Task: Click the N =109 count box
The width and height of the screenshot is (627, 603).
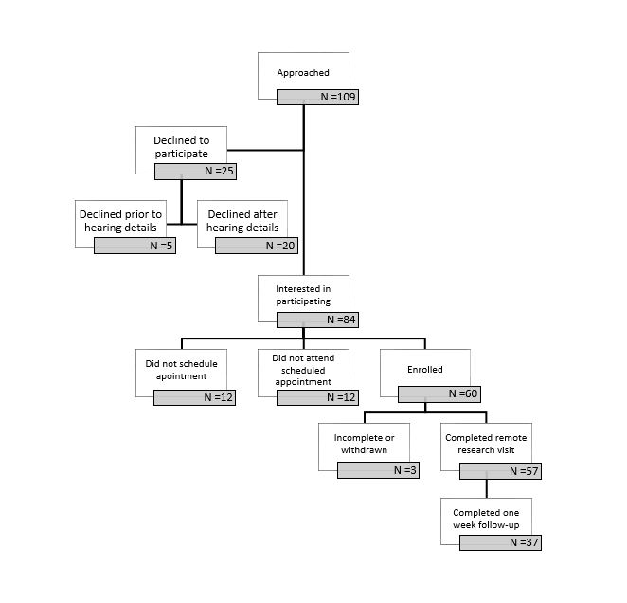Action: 317,97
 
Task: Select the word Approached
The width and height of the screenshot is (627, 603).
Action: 303,73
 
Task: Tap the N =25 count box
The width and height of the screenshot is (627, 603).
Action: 195,172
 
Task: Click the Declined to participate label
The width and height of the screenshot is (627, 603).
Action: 182,147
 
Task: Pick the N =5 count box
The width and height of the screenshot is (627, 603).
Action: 134,246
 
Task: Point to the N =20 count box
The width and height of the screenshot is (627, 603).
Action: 257,246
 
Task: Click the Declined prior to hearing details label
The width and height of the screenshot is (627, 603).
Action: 121,221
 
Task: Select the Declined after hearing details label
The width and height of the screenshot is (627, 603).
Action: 242,221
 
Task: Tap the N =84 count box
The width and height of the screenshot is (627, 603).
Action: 317,320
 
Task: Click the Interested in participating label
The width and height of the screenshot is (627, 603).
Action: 303,295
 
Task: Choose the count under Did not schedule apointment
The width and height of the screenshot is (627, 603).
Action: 195,397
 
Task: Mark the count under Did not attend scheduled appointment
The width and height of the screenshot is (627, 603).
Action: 317,397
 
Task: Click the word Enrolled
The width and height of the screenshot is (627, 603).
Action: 425,370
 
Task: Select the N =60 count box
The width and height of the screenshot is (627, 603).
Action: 439,394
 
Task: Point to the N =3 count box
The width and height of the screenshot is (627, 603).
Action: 378,470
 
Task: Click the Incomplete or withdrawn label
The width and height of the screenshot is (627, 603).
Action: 364,444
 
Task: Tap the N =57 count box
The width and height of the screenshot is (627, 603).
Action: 501,471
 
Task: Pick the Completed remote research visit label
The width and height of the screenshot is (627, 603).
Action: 486,444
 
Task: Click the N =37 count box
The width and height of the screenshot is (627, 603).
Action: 501,543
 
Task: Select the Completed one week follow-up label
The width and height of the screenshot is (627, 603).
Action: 486,519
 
